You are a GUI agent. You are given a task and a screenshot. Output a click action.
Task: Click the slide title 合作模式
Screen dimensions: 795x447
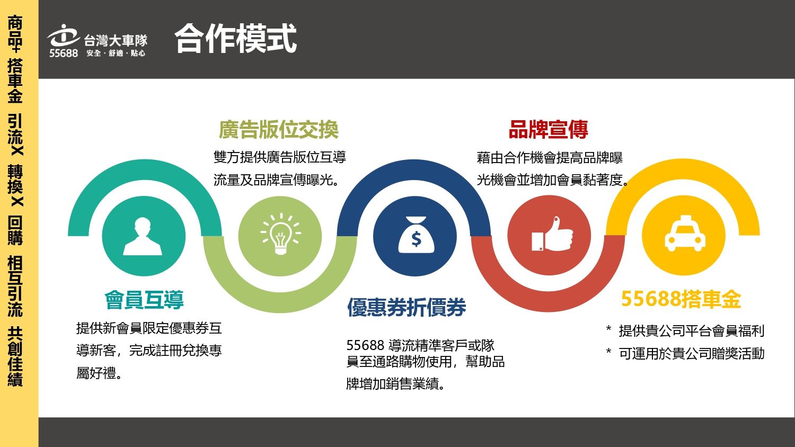tap(236, 38)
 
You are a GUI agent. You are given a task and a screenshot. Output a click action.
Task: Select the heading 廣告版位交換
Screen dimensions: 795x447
tap(279, 129)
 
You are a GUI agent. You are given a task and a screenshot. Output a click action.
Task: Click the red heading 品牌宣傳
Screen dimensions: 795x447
tap(549, 129)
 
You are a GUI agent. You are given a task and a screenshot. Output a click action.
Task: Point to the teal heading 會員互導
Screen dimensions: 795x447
tap(144, 300)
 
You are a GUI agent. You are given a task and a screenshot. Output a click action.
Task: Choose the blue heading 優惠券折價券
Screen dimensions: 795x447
tap(407, 307)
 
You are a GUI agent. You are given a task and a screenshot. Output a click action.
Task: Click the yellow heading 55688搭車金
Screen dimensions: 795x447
tap(681, 299)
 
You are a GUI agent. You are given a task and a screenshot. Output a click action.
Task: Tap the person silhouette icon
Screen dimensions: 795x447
tap(143, 236)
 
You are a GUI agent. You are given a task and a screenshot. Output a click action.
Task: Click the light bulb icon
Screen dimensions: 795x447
tap(280, 234)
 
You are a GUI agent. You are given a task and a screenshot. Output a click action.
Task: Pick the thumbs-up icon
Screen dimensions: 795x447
tap(552, 234)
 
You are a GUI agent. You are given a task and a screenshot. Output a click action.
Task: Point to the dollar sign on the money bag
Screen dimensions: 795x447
tap(416, 239)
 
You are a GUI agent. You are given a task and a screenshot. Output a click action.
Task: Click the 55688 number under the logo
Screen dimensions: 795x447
tap(64, 53)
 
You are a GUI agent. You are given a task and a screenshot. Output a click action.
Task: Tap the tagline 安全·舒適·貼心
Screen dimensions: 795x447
tap(116, 53)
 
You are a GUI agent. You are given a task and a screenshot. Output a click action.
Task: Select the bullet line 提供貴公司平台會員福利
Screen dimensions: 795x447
tap(691, 330)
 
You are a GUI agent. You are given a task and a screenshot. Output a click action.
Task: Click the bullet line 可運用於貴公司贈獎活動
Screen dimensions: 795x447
tap(691, 353)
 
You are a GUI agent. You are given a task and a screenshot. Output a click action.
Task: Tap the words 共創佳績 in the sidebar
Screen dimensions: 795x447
tap(15, 356)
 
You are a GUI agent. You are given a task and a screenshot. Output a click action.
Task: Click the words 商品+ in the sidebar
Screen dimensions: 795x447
tap(15, 34)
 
